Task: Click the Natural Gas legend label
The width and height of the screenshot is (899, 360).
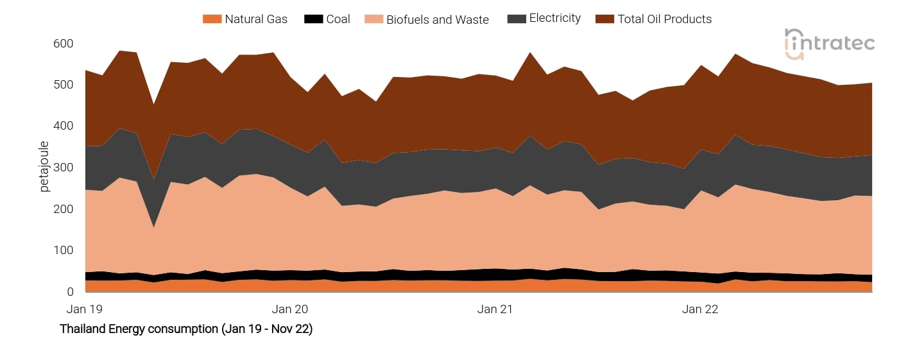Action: pos(255,19)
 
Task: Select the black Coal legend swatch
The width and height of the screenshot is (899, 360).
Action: pos(313,19)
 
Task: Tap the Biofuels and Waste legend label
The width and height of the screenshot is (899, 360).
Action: pos(437,20)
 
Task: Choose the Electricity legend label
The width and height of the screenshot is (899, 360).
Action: pos(554,19)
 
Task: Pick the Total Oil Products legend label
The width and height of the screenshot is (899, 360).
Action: pos(664,19)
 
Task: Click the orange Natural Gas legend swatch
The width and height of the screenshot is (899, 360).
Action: pos(212,19)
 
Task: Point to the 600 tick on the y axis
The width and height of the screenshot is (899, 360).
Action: pos(63,44)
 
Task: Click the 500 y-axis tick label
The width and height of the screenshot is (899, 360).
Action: pos(63,85)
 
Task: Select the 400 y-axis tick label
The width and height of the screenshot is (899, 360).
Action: pos(63,126)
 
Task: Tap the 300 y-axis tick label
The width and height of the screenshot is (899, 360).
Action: pos(63,167)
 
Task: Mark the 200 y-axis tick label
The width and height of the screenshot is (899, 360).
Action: pos(63,209)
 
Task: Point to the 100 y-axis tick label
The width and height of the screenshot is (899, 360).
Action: pos(63,250)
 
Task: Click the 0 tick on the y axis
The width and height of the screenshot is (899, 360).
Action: pos(70,292)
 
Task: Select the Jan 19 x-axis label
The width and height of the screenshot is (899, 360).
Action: pos(85,309)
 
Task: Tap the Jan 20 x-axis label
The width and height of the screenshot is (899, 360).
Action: pos(290,309)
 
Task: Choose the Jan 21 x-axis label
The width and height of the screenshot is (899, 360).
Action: pos(495,309)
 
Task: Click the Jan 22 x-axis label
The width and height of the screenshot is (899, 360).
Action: pos(700,309)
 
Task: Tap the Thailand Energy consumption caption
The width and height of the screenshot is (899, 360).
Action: pos(186,329)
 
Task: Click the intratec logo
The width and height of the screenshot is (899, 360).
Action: pos(829,44)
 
